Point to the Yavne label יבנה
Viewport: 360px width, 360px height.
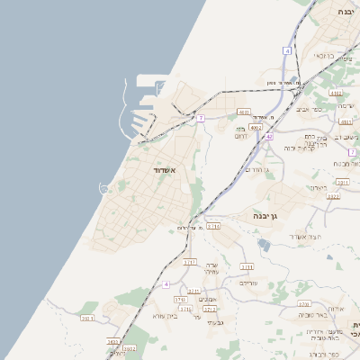click(x=346, y=12)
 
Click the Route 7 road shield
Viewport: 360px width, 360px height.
click(x=201, y=118)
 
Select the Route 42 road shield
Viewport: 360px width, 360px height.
click(x=269, y=135)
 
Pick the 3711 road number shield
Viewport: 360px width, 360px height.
click(x=185, y=310)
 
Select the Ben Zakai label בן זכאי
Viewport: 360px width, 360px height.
click(x=326, y=56)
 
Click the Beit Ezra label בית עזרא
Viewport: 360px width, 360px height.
click(x=164, y=316)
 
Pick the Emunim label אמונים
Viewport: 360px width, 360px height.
click(x=206, y=299)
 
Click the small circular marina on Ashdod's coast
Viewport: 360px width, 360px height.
click(x=104, y=189)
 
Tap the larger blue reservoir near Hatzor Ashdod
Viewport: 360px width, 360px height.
click(x=262, y=243)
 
